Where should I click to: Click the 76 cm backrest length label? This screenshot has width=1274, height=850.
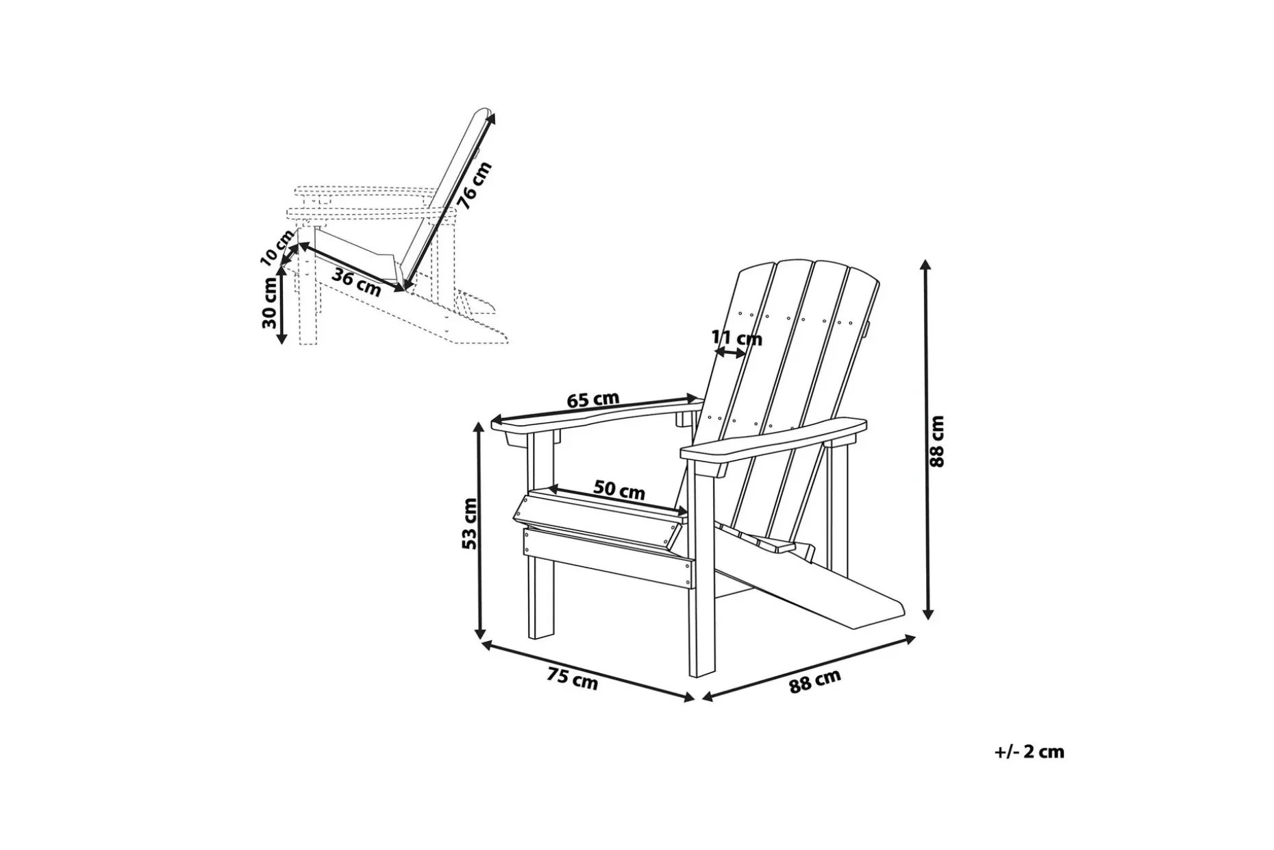(475, 185)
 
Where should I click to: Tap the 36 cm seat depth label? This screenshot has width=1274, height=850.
(356, 282)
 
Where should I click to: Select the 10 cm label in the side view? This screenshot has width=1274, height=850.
(277, 247)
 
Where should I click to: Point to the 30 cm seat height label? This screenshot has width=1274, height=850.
(269, 304)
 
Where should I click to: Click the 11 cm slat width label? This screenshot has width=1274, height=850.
(736, 338)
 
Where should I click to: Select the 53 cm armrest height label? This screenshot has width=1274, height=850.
(469, 523)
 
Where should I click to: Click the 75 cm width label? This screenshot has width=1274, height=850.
(573, 679)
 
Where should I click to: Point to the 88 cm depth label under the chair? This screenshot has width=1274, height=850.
(814, 681)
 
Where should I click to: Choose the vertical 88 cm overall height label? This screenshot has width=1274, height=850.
(937, 441)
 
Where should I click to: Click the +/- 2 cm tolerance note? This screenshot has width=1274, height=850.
(1029, 752)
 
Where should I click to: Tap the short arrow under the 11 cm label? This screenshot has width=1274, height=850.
(730, 352)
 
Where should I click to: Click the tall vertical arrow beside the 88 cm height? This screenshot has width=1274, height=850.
(926, 439)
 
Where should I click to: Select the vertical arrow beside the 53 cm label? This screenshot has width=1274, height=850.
(480, 530)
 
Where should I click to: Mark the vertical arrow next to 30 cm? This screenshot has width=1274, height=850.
(281, 305)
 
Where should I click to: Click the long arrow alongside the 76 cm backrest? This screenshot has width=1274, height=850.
(449, 199)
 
